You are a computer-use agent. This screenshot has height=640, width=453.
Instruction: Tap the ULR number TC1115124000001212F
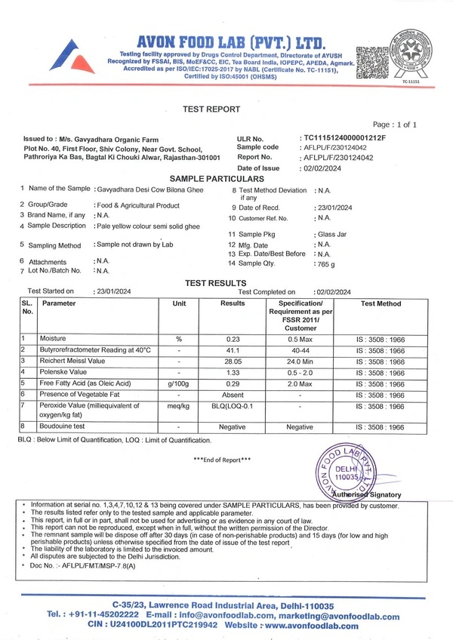click(344, 138)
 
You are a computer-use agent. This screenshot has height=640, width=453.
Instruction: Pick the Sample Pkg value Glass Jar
click(331, 235)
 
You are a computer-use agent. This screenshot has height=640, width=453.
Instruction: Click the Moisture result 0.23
click(233, 339)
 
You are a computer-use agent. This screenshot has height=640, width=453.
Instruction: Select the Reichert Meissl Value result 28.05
click(233, 362)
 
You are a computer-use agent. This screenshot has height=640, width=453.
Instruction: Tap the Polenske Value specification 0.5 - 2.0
click(300, 372)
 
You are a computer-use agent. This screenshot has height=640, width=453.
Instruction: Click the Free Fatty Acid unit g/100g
click(179, 383)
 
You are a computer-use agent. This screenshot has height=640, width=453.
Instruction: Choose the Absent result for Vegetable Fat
click(233, 395)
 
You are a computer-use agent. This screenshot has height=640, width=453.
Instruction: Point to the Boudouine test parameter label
click(64, 427)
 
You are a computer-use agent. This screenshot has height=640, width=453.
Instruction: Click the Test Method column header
click(381, 303)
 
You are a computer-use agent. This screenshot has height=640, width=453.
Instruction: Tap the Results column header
click(233, 303)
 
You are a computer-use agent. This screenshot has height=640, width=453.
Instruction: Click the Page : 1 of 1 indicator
click(394, 124)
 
